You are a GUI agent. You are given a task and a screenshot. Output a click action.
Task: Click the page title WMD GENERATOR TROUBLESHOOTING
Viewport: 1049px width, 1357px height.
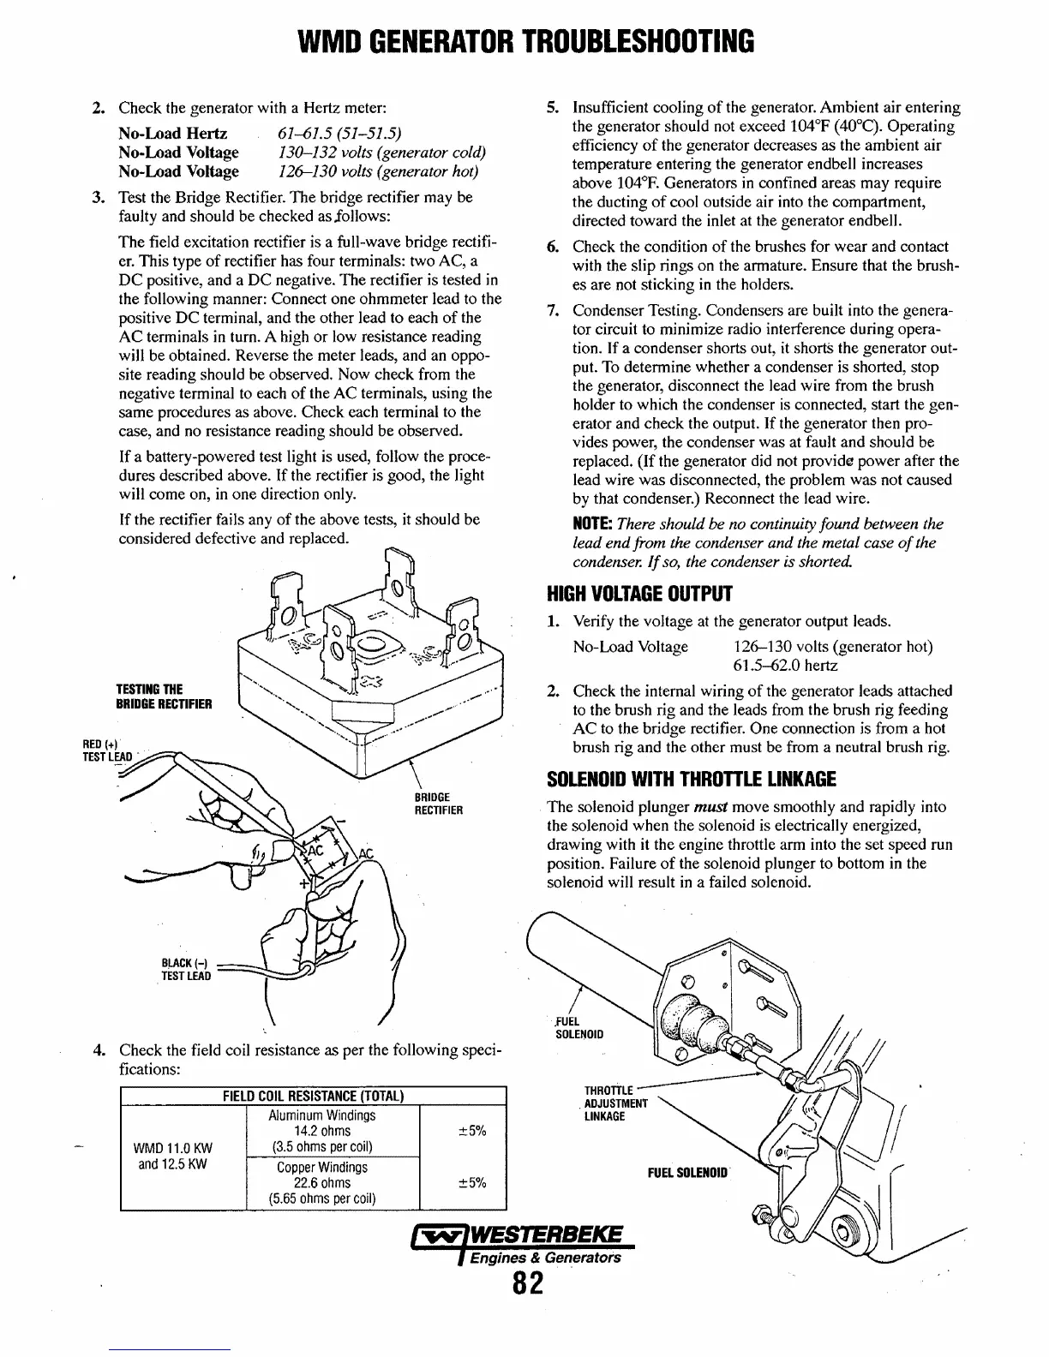pyautogui.click(x=524, y=40)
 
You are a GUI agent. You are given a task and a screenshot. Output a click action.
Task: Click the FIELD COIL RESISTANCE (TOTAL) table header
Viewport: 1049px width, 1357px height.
pyautogui.click(x=313, y=1097)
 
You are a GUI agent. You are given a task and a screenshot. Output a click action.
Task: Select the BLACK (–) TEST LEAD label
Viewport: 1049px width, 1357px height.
pyautogui.click(x=185, y=969)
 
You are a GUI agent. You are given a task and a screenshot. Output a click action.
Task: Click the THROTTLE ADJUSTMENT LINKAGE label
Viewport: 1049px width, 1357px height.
pyautogui.click(x=615, y=1103)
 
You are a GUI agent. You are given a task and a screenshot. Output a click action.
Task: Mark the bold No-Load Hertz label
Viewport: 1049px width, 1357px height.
pyautogui.click(x=172, y=134)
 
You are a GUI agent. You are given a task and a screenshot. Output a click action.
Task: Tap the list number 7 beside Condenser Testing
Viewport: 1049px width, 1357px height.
pyautogui.click(x=553, y=310)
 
